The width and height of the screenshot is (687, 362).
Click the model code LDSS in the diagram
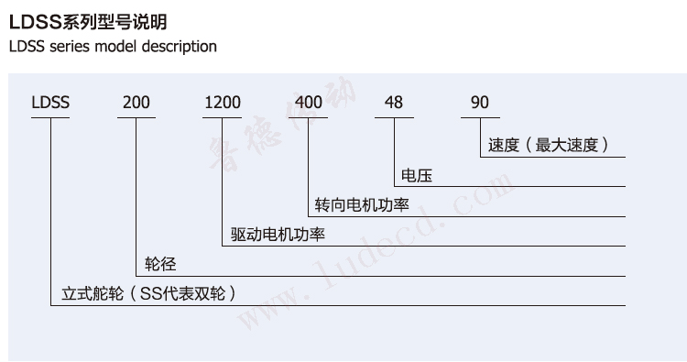(50, 102)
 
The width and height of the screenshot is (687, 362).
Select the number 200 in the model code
(136, 102)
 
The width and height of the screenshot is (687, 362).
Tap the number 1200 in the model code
(223, 102)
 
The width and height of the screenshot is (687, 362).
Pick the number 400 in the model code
(308, 102)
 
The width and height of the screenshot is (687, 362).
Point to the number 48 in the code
(394, 102)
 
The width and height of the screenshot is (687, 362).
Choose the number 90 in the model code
(480, 102)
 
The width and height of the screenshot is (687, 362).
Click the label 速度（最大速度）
(549, 145)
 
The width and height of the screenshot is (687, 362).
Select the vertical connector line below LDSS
(50, 211)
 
